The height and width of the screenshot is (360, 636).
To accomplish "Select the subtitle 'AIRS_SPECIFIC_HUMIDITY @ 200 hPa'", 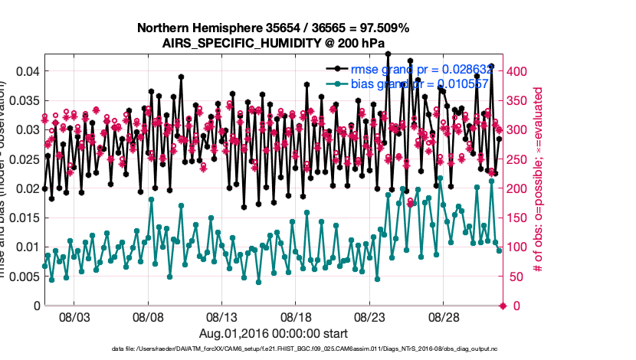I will click(273, 43).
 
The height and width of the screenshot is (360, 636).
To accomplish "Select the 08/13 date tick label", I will click(221, 316).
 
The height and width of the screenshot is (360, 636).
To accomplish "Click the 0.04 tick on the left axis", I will click(26, 71).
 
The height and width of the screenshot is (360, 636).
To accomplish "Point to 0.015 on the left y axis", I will click(23, 218).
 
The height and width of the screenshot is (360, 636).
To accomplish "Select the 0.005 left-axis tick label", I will click(23, 277).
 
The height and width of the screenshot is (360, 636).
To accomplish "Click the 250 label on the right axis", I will click(518, 159).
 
